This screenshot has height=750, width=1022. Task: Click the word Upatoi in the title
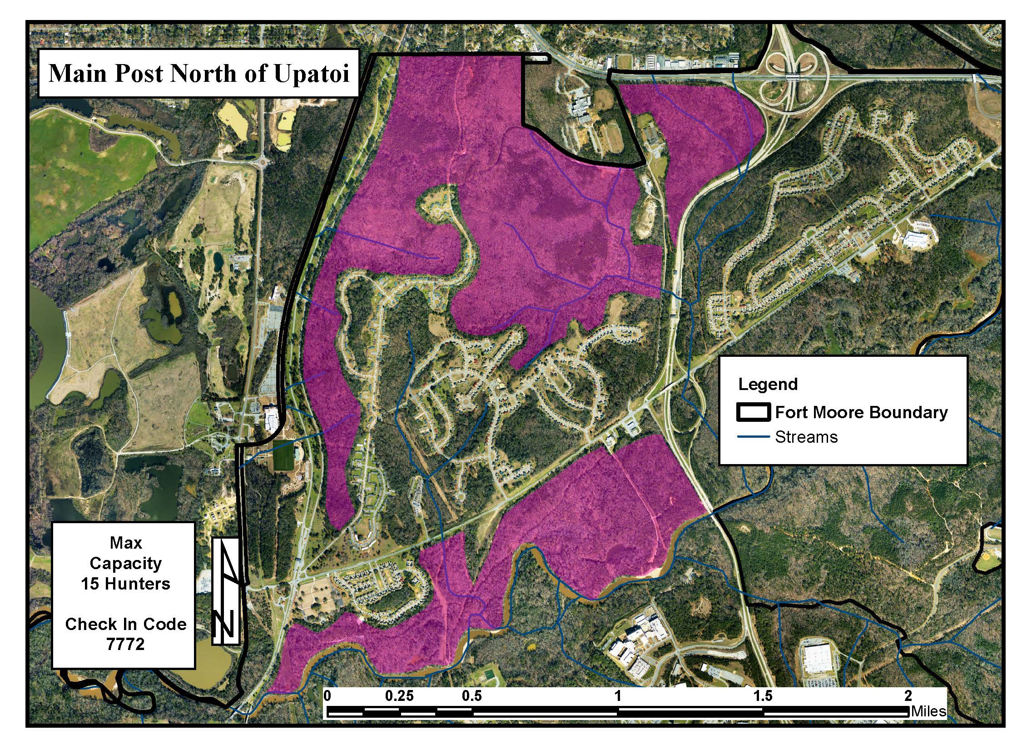tap(312, 74)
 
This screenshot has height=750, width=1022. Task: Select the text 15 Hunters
tap(125, 584)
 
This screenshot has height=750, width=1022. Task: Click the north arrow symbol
tap(226, 591)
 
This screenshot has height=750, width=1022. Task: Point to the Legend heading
tap(768, 384)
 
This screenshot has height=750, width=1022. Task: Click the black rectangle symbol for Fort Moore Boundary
tap(753, 412)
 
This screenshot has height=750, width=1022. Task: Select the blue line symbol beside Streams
tap(753, 437)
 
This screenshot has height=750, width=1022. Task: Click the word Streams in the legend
tap(806, 437)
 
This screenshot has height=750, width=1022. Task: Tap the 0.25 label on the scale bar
tap(399, 696)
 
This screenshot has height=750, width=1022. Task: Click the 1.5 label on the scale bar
tap(763, 696)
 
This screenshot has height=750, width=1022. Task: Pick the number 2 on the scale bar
tap(908, 696)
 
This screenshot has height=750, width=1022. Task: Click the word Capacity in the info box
tap(125, 563)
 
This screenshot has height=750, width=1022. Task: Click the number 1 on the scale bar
tap(617, 696)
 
